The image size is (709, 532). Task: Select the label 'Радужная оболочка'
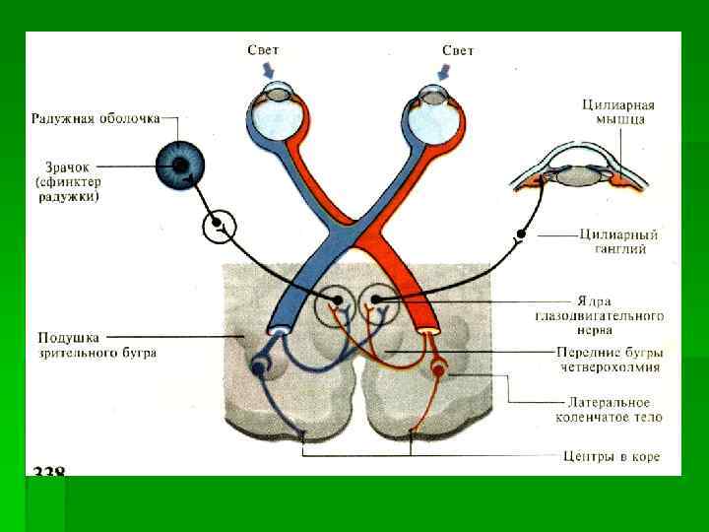click(x=96, y=119)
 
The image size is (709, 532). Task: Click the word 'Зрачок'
click(x=69, y=166)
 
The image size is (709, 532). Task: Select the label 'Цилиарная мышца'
click(x=618, y=112)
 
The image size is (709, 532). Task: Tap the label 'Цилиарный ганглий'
click(x=618, y=242)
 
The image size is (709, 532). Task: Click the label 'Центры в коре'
click(x=611, y=456)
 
